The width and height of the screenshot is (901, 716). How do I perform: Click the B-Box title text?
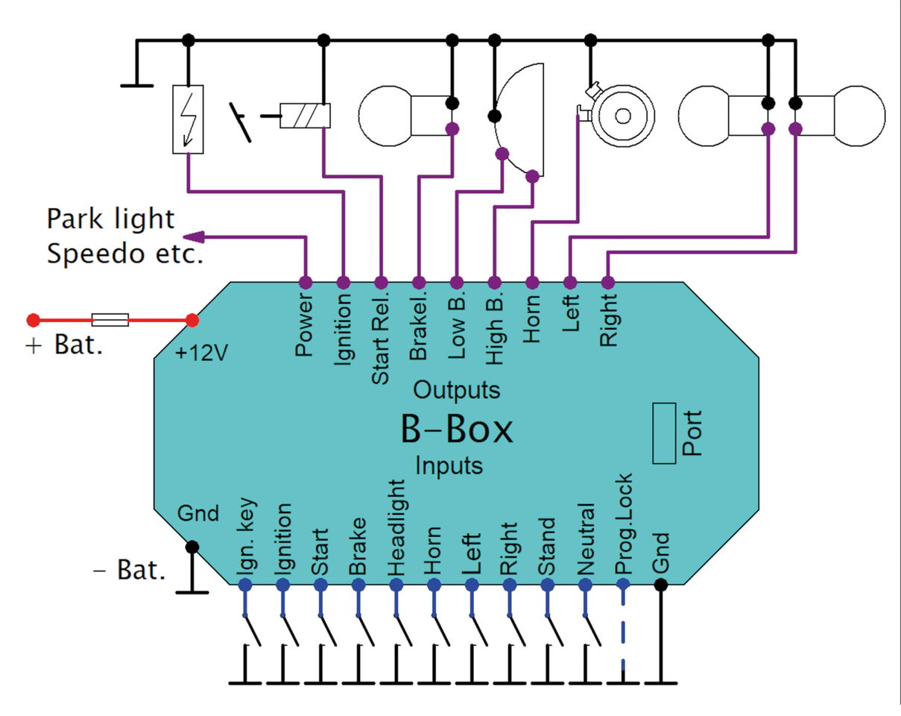pos(456,428)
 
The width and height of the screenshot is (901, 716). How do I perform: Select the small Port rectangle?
pos(664,433)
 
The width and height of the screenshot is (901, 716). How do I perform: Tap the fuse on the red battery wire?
pos(110,321)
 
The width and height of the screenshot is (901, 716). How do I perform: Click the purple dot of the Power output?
pos(305,283)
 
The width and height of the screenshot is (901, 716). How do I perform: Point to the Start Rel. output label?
pos(380,340)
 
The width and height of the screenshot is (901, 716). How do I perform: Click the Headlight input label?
pos(396,528)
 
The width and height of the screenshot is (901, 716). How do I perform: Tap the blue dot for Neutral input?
pos(585,585)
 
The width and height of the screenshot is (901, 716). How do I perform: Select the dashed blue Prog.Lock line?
pos(623,634)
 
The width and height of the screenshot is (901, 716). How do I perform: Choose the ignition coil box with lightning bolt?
pos(187,119)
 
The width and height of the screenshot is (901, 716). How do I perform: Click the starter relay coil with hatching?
pos(305,116)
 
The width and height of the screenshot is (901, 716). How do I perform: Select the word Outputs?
pos(456,389)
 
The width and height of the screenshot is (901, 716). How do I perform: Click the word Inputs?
pos(449,465)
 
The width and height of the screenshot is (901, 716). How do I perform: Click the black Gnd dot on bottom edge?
pos(660,585)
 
